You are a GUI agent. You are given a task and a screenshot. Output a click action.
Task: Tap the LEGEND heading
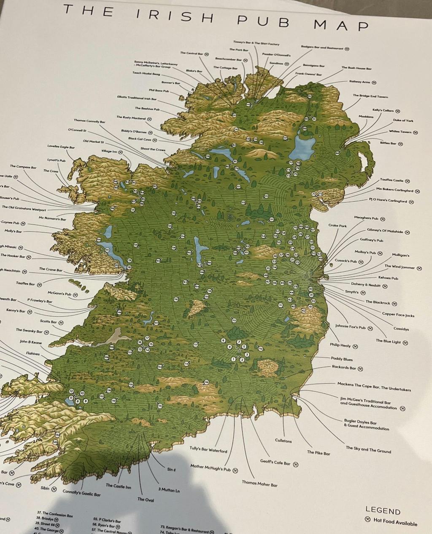[x=383, y=511]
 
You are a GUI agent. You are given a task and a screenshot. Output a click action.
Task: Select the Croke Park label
[x=337, y=226]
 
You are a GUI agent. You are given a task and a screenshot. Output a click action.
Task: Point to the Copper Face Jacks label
[x=398, y=315]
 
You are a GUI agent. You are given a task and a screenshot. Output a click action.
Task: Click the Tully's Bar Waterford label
[x=208, y=450]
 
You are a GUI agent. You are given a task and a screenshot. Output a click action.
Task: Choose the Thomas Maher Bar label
[x=259, y=484]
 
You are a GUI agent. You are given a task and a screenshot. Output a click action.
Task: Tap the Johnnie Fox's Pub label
[x=351, y=326]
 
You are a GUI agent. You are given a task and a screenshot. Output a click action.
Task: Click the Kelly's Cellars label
[x=383, y=110]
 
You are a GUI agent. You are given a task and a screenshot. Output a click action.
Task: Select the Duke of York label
[x=403, y=120]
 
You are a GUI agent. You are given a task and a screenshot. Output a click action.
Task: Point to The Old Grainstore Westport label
[x=24, y=208]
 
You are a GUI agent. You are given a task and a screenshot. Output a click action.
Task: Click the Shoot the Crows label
[x=153, y=149]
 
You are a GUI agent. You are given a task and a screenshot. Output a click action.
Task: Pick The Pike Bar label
[x=319, y=453]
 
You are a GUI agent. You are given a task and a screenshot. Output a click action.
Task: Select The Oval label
[x=146, y=499]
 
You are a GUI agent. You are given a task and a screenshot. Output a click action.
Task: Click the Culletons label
[x=283, y=441]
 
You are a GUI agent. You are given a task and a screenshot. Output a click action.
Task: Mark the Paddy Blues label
[x=341, y=359]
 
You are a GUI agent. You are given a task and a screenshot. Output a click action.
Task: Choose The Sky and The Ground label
[x=368, y=450]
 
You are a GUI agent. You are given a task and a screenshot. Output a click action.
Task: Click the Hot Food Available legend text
[x=395, y=522]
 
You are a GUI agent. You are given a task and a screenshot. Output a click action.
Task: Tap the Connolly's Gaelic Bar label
[x=81, y=493]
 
